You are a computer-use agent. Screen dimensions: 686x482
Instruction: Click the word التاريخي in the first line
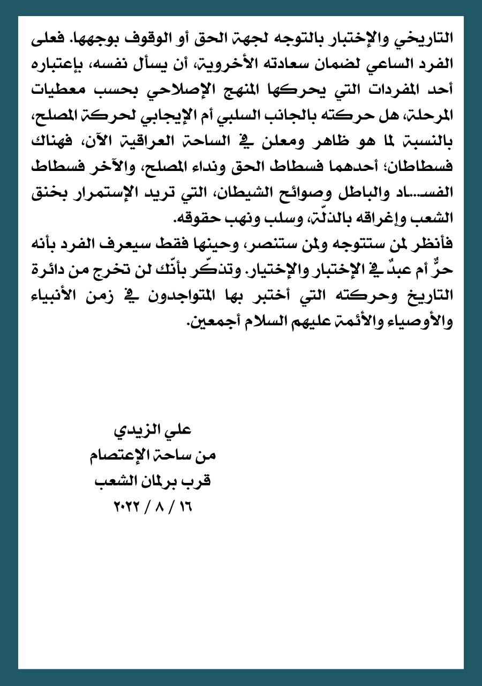click(x=429, y=39)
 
